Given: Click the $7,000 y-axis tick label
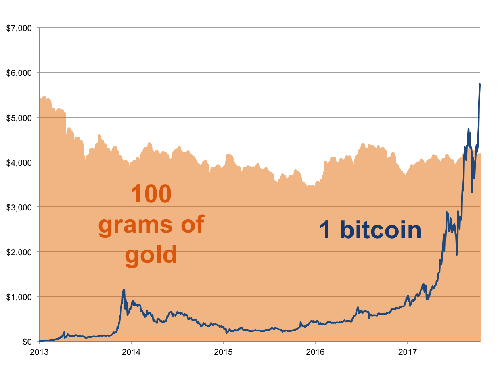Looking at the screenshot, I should (x=20, y=28).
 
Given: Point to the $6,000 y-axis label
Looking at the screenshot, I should (x=20, y=73).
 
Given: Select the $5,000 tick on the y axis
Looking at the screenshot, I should (x=20, y=117).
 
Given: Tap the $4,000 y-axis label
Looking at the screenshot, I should (x=20, y=162).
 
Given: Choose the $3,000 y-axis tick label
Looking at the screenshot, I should (x=20, y=207).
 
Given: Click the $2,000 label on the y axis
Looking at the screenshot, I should (x=20, y=252).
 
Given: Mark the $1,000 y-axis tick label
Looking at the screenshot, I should (x=20, y=296).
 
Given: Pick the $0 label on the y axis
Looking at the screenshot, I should (x=27, y=341).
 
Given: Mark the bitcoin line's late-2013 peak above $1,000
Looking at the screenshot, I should (x=124, y=289).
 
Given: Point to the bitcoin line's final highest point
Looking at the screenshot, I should (x=480, y=84).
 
